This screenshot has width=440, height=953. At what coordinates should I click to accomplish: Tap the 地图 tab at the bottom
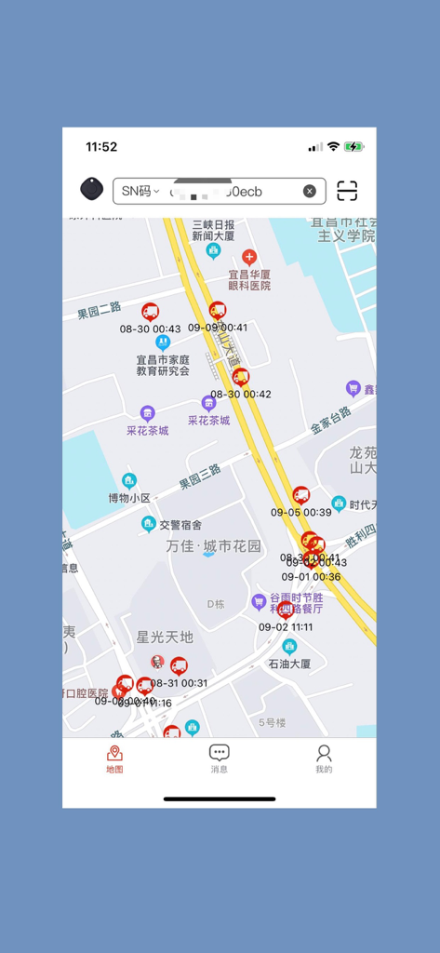tap(114, 758)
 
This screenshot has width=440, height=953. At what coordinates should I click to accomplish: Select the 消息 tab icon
tap(220, 758)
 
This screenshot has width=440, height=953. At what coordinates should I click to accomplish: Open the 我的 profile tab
tap(324, 758)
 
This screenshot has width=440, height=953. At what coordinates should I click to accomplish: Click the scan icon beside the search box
tap(347, 191)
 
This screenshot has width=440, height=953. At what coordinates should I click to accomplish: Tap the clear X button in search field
tap(310, 191)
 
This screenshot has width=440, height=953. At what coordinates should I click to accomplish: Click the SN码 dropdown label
tap(140, 191)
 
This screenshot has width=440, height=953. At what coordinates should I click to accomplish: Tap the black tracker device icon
tap(91, 189)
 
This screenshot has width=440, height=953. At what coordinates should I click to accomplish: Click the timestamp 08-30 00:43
tap(151, 329)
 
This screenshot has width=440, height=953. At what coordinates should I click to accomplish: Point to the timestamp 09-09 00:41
tap(218, 328)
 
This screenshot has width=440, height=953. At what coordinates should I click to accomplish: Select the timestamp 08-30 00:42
tap(241, 394)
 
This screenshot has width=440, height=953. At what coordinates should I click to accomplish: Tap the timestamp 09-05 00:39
tap(301, 512)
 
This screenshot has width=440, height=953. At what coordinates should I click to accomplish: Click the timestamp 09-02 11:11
tap(286, 626)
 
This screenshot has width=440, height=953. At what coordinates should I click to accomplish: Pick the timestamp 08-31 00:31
tap(180, 682)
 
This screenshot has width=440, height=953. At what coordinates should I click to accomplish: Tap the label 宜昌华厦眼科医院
tap(249, 279)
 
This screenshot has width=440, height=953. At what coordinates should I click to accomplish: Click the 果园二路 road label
tap(100, 310)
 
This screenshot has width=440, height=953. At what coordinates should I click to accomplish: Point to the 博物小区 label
tap(129, 498)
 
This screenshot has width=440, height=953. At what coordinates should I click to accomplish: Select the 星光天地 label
tap(165, 637)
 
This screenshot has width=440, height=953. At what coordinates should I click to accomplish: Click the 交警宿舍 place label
tap(180, 525)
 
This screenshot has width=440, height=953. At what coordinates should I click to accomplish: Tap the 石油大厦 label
tap(289, 664)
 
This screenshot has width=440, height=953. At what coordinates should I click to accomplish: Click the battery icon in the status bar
tap(353, 147)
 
